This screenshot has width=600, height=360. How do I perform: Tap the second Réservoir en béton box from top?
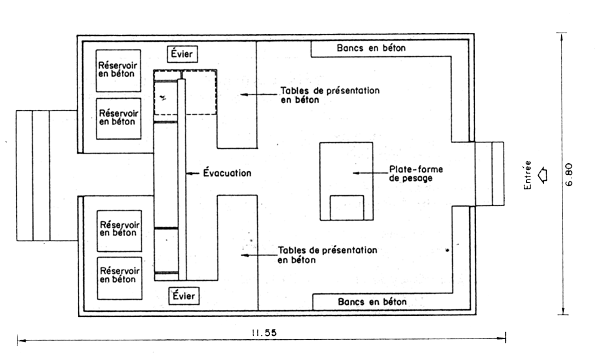119,111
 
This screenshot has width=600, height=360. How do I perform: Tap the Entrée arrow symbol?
543,173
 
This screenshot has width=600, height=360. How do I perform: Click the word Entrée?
528,174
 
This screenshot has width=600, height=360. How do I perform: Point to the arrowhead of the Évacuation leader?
190,173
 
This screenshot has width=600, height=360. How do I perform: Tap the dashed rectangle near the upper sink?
185,92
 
